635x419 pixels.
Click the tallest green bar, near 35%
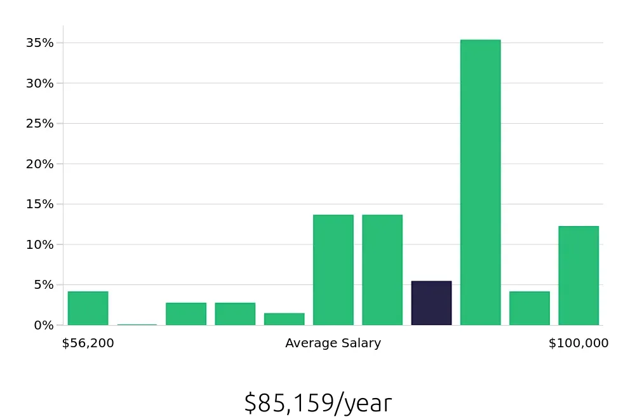click(x=480, y=182)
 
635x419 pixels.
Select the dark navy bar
click(x=431, y=303)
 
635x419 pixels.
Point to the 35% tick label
click(x=39, y=43)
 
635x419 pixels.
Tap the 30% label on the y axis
click(x=39, y=83)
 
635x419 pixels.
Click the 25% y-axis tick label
click(x=39, y=123)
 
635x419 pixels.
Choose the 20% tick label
click(x=39, y=164)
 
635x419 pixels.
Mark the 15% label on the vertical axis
click(x=39, y=204)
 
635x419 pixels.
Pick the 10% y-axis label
click(x=39, y=244)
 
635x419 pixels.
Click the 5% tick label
click(x=43, y=284)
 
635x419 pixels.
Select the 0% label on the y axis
click(x=43, y=325)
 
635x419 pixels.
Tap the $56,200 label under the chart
click(x=88, y=343)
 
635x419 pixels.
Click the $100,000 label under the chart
click(x=578, y=343)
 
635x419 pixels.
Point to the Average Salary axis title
click(x=333, y=343)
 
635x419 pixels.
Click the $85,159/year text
click(x=317, y=403)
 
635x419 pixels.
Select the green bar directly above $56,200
click(x=88, y=309)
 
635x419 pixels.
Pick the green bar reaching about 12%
click(x=578, y=276)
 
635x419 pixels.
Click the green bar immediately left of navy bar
click(x=382, y=270)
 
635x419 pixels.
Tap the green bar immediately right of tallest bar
click(x=529, y=309)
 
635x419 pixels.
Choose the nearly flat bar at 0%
click(x=137, y=324)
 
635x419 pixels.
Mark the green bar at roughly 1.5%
click(x=284, y=319)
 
